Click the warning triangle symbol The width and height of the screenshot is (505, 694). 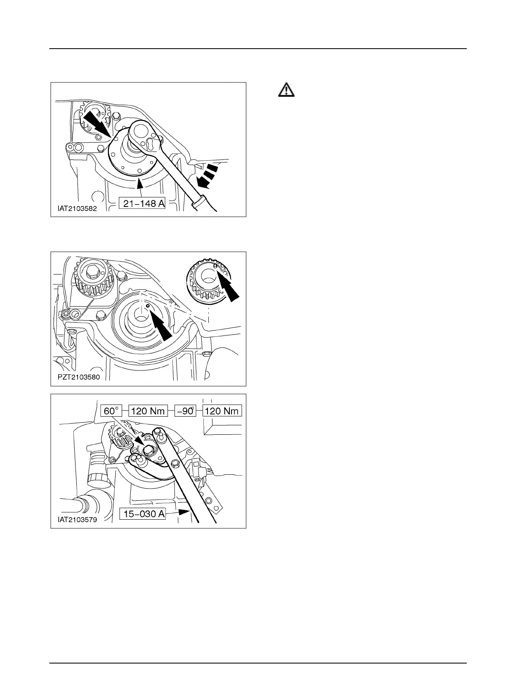click(x=286, y=90)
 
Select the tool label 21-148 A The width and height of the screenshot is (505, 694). click(x=142, y=203)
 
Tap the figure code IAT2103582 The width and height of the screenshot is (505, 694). click(x=77, y=209)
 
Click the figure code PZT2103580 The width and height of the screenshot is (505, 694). click(x=79, y=377)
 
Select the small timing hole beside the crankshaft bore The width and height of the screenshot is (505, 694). click(x=147, y=306)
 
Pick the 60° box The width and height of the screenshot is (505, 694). click(x=111, y=410)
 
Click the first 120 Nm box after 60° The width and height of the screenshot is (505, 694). click(x=148, y=410)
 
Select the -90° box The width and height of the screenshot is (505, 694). click(x=185, y=410)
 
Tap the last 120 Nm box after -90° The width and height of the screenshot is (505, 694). click(x=222, y=410)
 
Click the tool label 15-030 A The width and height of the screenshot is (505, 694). click(x=142, y=514)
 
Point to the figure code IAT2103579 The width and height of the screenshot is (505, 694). click(x=77, y=519)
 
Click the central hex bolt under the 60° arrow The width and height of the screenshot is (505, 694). click(x=147, y=449)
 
